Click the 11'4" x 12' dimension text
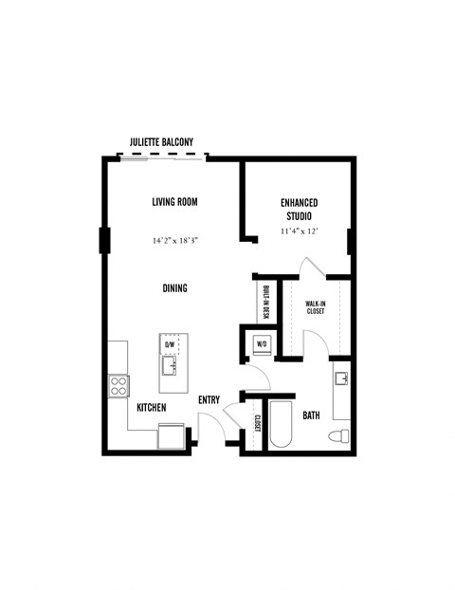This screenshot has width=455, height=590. [x=299, y=230]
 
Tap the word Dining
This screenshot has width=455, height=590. [x=174, y=288]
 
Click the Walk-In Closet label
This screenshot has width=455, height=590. [x=315, y=307]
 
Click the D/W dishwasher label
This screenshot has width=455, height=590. [x=171, y=345]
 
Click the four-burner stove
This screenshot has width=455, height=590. [x=119, y=384]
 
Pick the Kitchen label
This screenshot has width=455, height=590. [x=152, y=408]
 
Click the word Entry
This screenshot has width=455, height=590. [x=209, y=400]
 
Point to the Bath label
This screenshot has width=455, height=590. [x=311, y=415]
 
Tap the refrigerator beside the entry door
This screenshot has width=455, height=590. [x=172, y=435]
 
